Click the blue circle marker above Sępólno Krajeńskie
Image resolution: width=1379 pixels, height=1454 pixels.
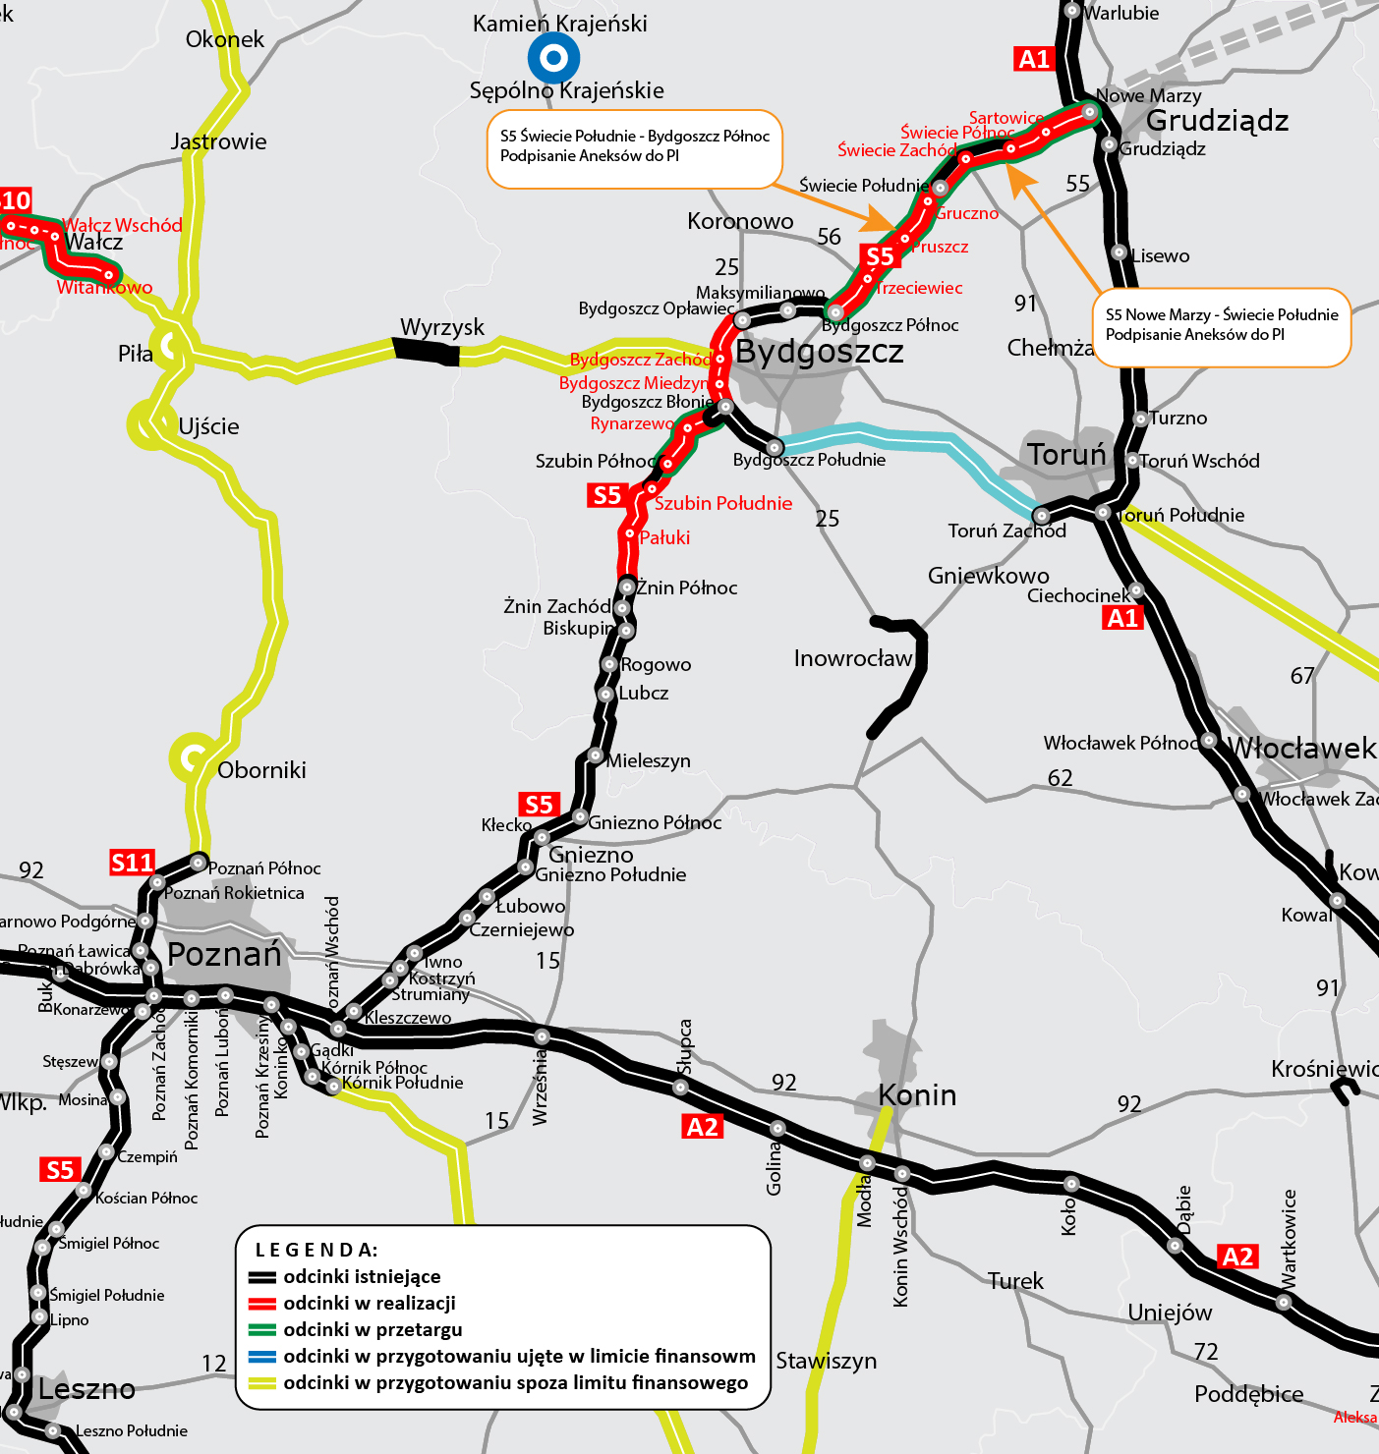(553, 58)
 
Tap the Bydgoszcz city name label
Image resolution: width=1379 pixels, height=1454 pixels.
(819, 351)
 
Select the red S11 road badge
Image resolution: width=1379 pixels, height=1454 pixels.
(132, 863)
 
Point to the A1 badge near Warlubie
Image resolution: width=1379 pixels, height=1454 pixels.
(1033, 59)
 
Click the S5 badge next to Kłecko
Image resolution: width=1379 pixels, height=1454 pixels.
(539, 805)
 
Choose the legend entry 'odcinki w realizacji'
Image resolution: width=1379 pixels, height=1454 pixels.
(370, 1303)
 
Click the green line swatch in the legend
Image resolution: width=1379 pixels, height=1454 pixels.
(261, 1330)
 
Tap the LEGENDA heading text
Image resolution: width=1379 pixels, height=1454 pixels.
(316, 1250)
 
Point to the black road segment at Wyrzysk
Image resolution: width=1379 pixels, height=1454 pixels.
(427, 351)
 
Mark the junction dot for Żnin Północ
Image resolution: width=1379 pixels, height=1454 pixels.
(627, 587)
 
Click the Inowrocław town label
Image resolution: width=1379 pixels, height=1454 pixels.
(852, 658)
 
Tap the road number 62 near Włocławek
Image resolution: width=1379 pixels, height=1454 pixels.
(1060, 778)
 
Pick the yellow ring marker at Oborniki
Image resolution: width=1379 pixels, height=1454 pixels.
(192, 757)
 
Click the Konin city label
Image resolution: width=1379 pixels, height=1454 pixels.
(916, 1094)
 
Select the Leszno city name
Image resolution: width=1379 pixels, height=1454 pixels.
(86, 1389)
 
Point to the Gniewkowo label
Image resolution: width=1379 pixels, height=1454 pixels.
(988, 576)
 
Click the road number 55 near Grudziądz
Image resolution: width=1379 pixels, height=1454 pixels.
(1077, 184)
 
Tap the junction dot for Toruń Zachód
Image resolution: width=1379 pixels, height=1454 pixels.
(1041, 515)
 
